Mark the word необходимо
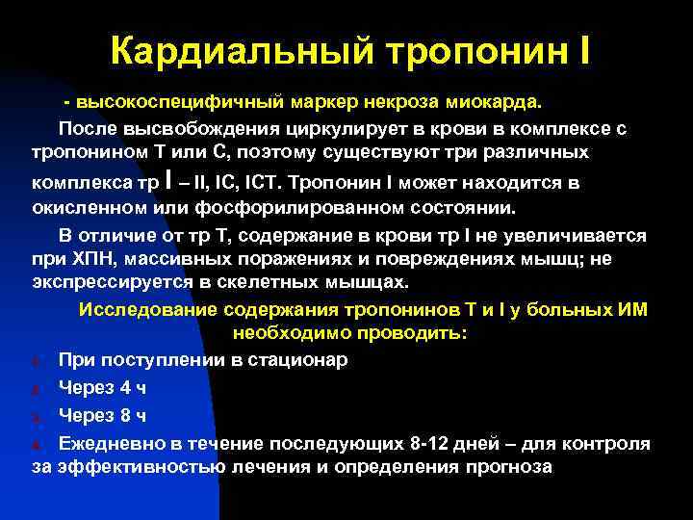[281, 334]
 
